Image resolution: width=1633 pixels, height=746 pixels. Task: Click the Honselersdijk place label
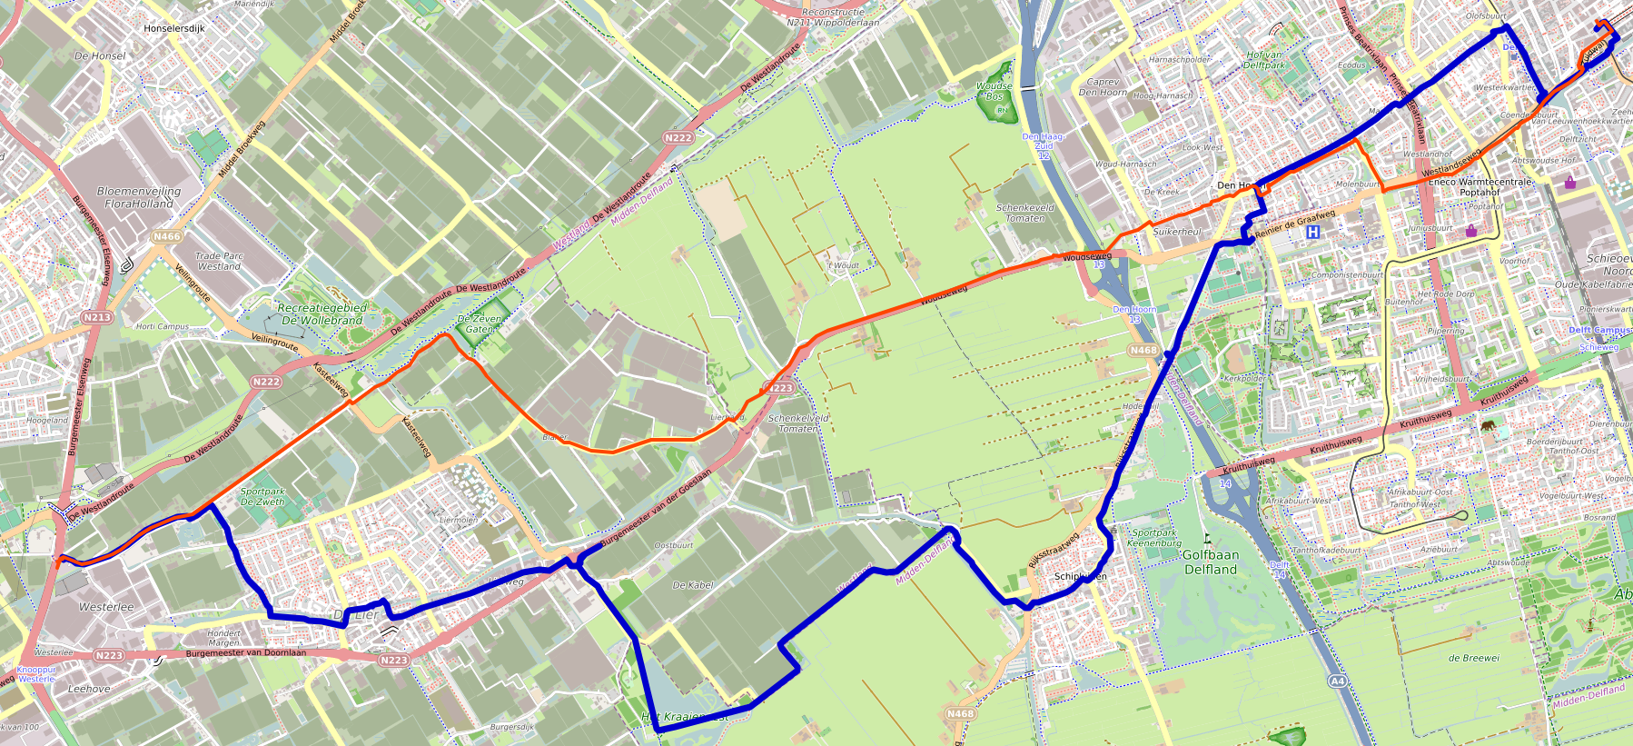(x=174, y=29)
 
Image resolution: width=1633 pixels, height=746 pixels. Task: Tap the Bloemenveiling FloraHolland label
(x=139, y=197)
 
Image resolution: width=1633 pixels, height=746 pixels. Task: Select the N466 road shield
(x=167, y=236)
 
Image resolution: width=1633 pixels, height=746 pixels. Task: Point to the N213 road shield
(x=97, y=317)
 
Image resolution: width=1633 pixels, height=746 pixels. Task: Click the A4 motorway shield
(x=1337, y=681)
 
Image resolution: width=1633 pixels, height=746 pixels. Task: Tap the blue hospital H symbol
(x=1312, y=233)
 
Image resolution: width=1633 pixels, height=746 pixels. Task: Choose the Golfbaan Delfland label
(x=1210, y=562)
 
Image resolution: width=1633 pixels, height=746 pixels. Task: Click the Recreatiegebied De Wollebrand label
(x=322, y=313)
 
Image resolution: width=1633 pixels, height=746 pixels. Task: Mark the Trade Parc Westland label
(x=220, y=261)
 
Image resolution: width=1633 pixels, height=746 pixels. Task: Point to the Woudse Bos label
(x=995, y=91)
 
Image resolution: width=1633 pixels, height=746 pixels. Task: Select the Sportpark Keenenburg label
(x=1154, y=538)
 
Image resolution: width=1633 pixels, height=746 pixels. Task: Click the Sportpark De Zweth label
(x=262, y=496)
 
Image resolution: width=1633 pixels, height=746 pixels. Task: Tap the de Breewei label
(x=1474, y=658)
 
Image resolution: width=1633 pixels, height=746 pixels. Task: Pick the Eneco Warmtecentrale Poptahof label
(x=1480, y=187)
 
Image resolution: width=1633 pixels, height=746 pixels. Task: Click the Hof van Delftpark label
(x=1265, y=60)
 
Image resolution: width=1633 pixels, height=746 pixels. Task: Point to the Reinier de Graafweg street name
(x=1295, y=224)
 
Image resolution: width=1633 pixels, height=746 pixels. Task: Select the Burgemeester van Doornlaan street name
(x=245, y=652)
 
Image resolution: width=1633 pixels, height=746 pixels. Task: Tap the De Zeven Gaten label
(x=479, y=323)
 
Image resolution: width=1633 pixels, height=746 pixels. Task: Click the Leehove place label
(x=89, y=689)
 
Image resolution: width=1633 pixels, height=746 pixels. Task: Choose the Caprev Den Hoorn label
(x=1103, y=86)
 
